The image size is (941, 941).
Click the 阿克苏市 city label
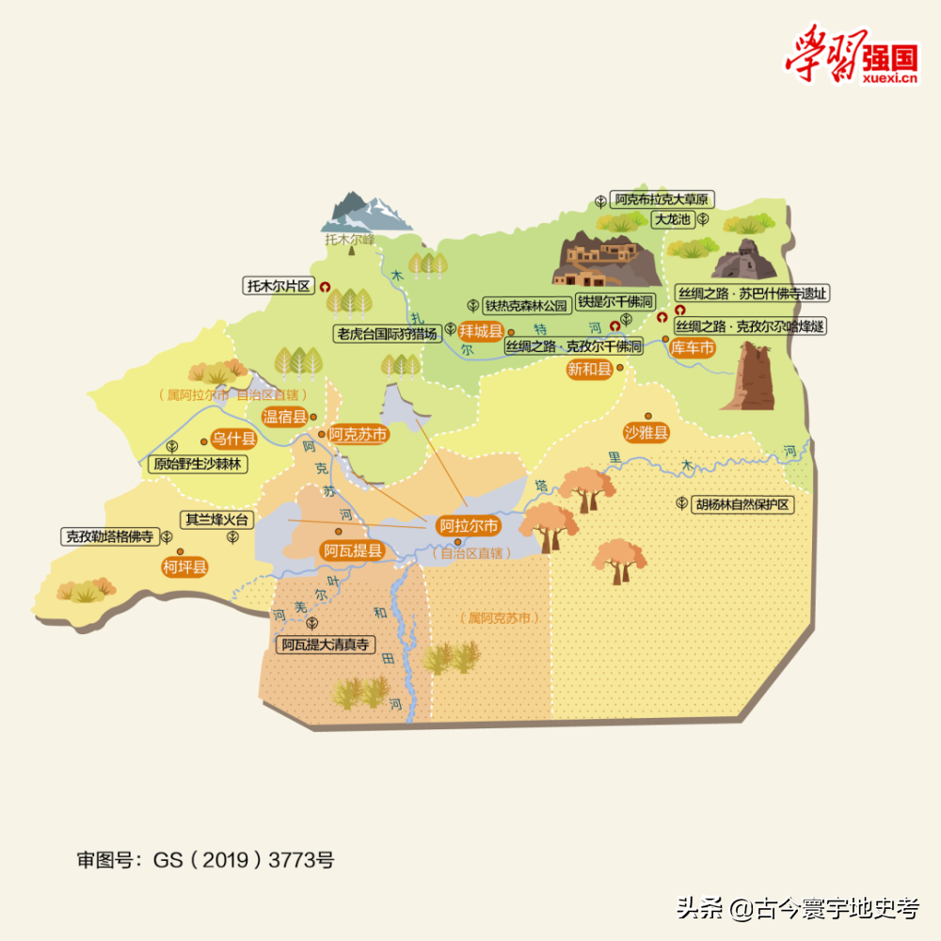359,435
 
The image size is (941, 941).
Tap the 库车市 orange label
693,348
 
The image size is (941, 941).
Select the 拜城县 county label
482,331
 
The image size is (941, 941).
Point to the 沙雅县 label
646,433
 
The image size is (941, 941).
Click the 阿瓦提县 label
353,550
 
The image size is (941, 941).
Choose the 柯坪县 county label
184,566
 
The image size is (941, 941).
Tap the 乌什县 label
232,439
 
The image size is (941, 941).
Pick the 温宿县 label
285,417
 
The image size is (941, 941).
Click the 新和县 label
589,370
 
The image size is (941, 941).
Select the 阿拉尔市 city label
469,526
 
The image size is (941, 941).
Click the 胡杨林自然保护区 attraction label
742,504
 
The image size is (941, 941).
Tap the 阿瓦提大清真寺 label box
326,645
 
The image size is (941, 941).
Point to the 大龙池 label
673,219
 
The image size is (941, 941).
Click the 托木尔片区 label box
278,286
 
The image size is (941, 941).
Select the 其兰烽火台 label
217,518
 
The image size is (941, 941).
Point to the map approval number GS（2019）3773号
205,859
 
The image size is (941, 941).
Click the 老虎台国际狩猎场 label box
388,333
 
